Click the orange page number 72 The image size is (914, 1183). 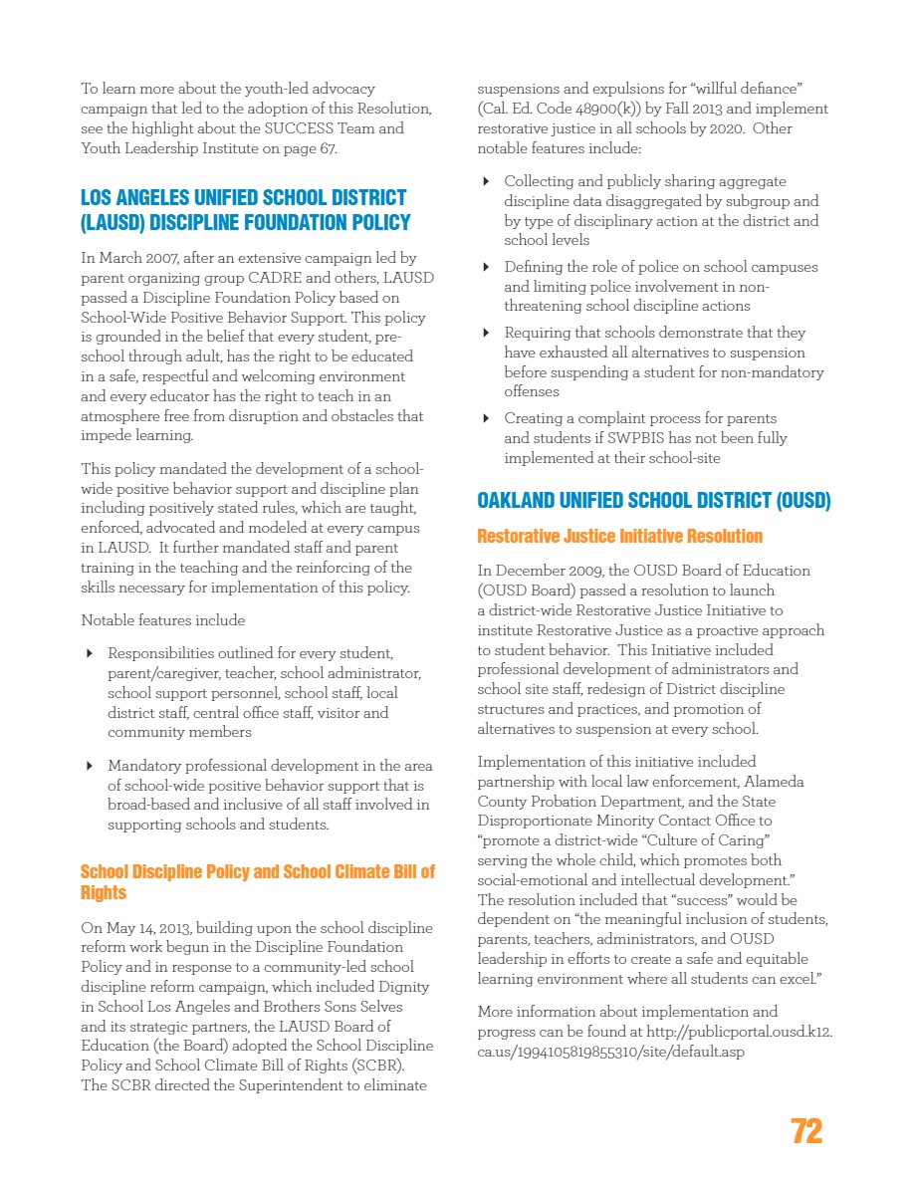(806, 1131)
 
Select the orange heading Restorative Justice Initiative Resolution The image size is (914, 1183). (619, 536)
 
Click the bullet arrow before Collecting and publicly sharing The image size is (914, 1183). (486, 182)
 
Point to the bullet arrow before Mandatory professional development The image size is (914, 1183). (90, 766)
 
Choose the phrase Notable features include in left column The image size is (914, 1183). (162, 620)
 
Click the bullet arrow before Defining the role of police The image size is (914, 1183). (486, 268)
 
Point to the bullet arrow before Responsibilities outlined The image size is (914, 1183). (90, 654)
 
